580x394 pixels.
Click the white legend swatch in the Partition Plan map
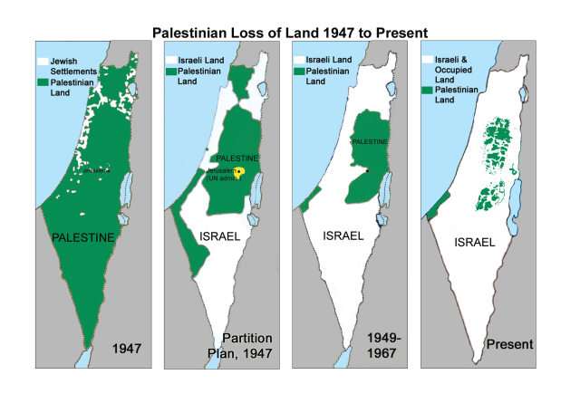pyautogui.click(x=170, y=60)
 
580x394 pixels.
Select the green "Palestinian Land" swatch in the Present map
pyautogui.click(x=428, y=92)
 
